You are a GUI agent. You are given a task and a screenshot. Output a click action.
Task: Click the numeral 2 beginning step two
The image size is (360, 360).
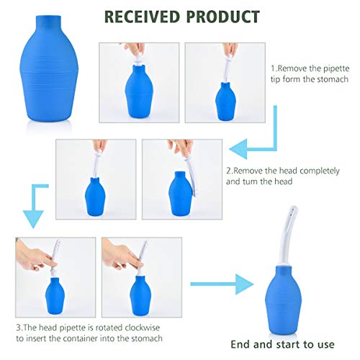(x=229, y=172)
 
